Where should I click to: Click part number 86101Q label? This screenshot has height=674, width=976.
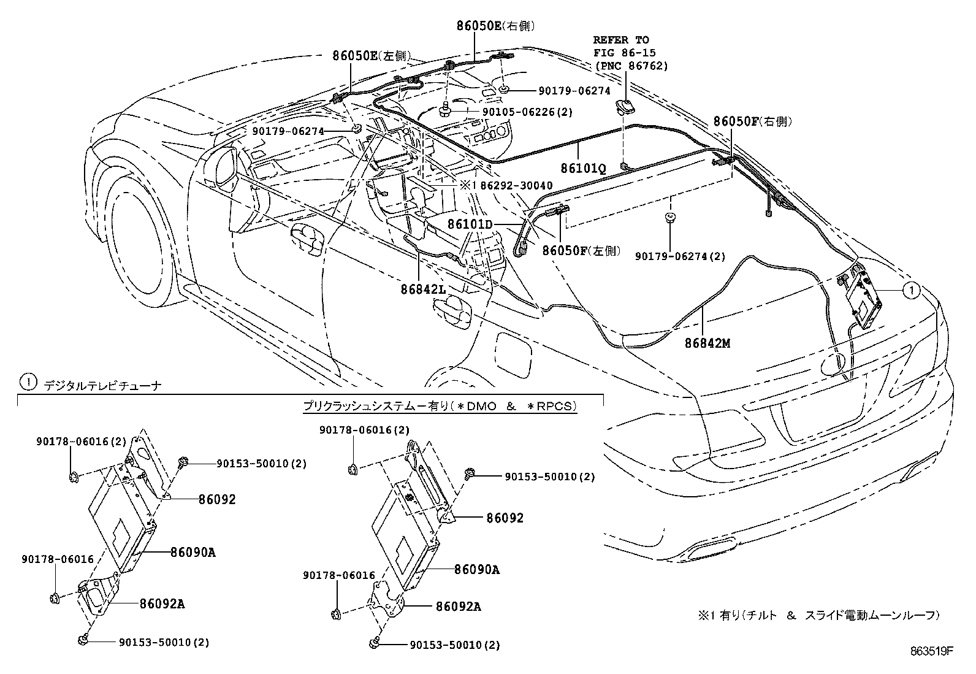[x=583, y=167]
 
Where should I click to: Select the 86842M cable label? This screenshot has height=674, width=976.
[x=707, y=343]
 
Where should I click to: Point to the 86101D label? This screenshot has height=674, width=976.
[x=470, y=225]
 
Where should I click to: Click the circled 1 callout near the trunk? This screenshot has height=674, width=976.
[x=912, y=290]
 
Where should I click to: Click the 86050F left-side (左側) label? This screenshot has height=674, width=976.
[x=581, y=251]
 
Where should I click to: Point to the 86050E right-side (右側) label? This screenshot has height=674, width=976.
[x=495, y=26]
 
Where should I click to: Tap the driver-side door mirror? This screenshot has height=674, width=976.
[x=221, y=166]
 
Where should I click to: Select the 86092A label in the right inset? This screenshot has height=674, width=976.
[x=458, y=607]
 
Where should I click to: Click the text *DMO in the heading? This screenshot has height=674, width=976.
[x=479, y=407]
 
